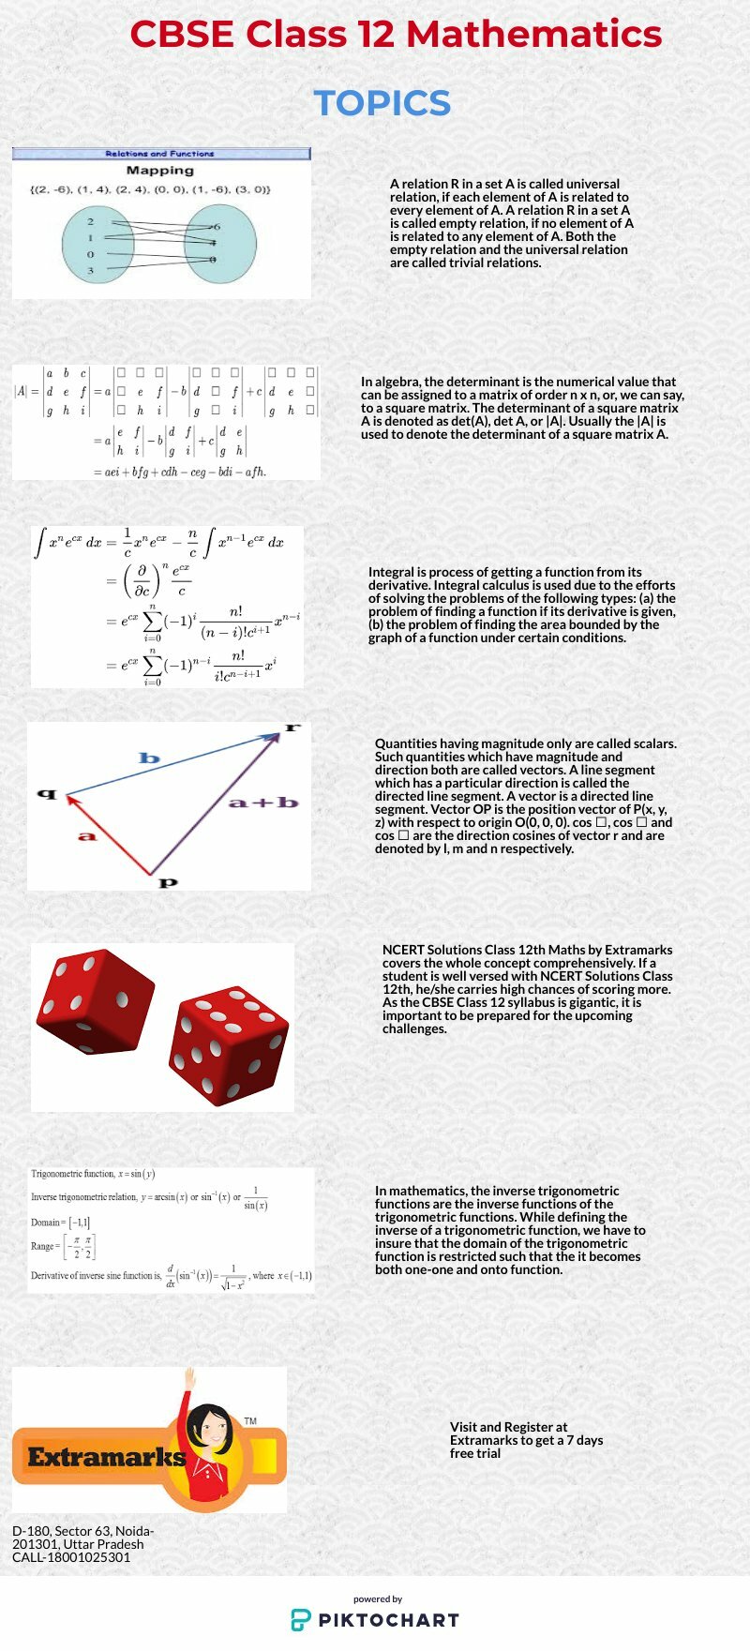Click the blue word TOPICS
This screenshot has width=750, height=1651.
(x=382, y=103)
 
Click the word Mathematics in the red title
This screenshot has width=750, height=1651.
(x=533, y=35)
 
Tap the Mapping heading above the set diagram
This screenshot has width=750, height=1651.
(x=159, y=171)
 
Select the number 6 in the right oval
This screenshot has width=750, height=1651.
(x=217, y=227)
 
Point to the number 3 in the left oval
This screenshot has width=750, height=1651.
(x=91, y=271)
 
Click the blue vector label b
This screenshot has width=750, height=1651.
(x=149, y=758)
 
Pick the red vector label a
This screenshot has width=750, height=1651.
(x=87, y=835)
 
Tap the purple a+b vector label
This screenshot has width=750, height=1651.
(x=263, y=803)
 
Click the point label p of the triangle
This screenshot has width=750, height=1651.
(x=168, y=882)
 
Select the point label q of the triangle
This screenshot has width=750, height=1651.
(x=47, y=794)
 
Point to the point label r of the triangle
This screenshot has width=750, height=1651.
(x=292, y=727)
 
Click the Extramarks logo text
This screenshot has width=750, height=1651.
(x=106, y=1457)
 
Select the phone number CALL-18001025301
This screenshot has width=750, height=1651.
(x=71, y=1557)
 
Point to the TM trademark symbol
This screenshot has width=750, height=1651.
(x=250, y=1421)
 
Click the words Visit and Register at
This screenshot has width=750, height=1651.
(x=508, y=1427)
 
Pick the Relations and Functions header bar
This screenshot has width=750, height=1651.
(x=160, y=154)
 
